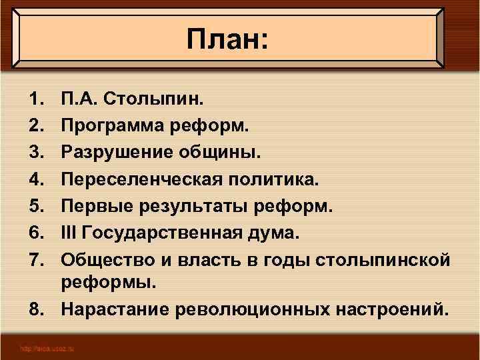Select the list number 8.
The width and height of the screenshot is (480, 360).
click(35, 309)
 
